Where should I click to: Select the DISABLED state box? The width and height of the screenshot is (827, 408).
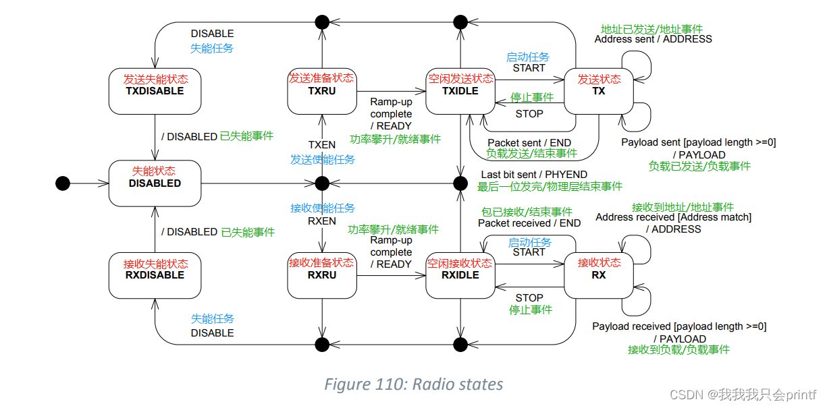coord(155,183)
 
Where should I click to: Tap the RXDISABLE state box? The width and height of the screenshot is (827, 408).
coord(155,275)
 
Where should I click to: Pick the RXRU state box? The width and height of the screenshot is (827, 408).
coord(321,275)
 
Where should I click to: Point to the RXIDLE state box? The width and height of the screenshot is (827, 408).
coord(460,275)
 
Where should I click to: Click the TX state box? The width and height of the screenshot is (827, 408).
coord(598,91)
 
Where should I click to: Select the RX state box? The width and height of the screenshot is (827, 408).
coord(598,275)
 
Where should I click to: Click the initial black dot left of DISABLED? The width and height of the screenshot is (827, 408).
coord(63,183)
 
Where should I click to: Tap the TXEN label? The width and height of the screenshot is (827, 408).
coord(322,145)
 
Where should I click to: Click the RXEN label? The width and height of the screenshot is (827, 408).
coord(322,221)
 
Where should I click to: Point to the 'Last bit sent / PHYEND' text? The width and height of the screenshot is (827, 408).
coord(534,175)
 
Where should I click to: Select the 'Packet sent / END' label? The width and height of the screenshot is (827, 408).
coord(529,142)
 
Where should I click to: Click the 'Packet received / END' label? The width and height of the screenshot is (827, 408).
coord(529,223)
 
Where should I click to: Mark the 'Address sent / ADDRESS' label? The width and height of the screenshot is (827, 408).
coord(653,39)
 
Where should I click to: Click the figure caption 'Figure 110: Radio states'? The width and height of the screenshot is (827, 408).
coord(413,384)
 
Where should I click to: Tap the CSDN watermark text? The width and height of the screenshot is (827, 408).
coord(756,394)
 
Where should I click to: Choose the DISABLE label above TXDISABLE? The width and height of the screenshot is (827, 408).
coord(212,34)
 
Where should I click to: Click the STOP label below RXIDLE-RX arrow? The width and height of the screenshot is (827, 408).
coord(529,298)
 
